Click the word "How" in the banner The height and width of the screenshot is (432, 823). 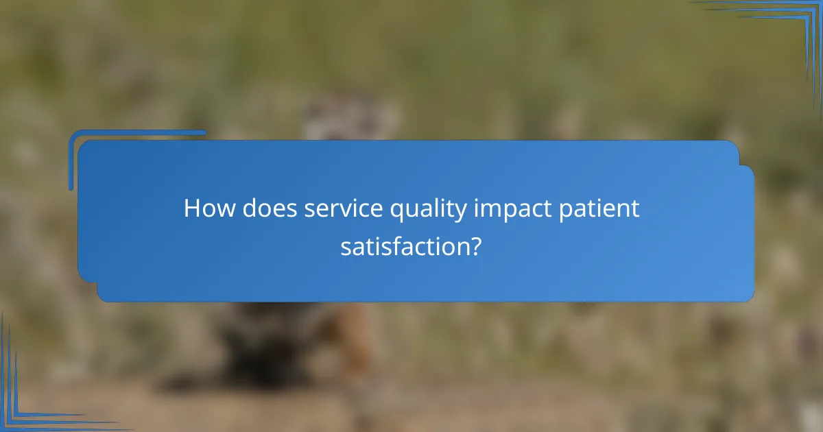coord(206,209)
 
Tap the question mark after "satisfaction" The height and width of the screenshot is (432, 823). coord(475,247)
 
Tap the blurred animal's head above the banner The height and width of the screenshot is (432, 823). coord(350,117)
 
